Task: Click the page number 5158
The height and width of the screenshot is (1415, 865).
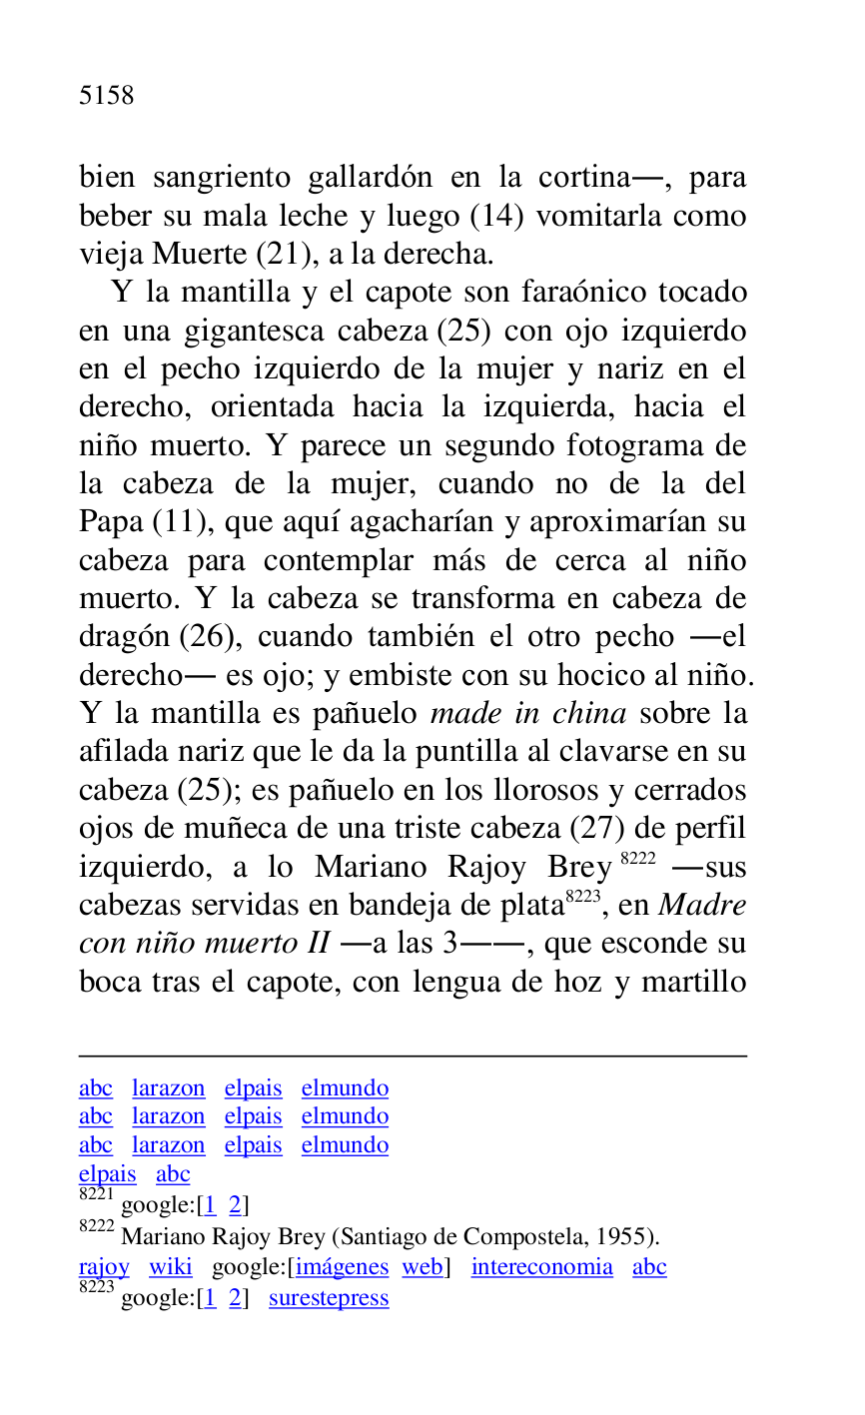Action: [106, 96]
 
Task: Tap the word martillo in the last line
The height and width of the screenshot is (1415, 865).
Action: [694, 982]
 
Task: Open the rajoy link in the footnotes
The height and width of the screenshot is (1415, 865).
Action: [104, 1267]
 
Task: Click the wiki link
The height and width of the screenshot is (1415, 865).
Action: [171, 1267]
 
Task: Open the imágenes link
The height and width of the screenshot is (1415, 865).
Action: [342, 1267]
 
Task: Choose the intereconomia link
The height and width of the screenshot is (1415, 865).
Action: [542, 1267]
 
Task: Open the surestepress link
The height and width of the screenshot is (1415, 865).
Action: [329, 1298]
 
